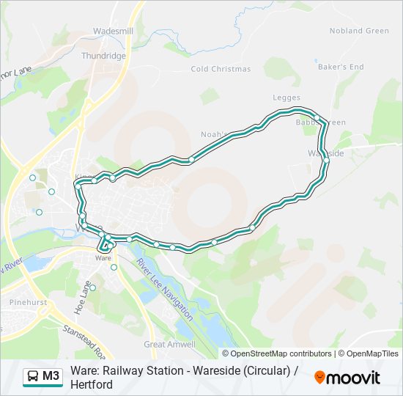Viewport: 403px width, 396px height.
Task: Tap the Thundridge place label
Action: click(x=104, y=56)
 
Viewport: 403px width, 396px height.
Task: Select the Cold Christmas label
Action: click(x=221, y=69)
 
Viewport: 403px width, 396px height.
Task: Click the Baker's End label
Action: click(x=341, y=67)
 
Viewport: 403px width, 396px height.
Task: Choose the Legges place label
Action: click(x=286, y=98)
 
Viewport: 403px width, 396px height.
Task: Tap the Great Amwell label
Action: click(x=170, y=344)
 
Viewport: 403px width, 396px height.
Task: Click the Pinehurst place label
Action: click(x=29, y=302)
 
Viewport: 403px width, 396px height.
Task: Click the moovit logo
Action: click(x=347, y=378)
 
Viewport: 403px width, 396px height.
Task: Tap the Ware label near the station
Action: click(x=103, y=259)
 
